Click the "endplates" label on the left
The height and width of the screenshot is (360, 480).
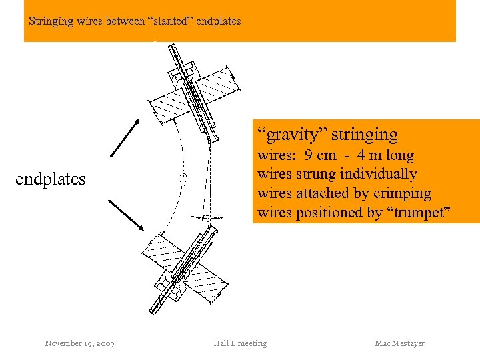point(51,179)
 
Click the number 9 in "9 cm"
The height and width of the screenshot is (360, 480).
point(309,156)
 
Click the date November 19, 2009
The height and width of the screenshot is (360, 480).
point(79,343)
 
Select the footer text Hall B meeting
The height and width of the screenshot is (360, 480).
point(240,343)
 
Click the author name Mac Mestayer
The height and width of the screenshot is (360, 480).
point(399,343)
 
